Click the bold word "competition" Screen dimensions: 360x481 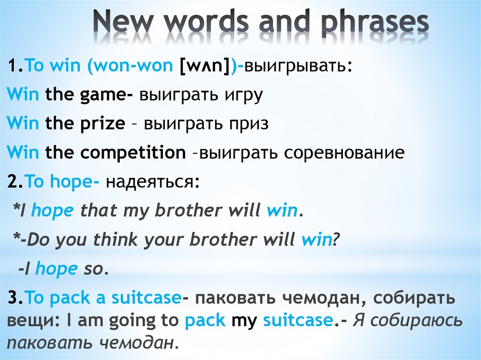[x=133, y=153]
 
